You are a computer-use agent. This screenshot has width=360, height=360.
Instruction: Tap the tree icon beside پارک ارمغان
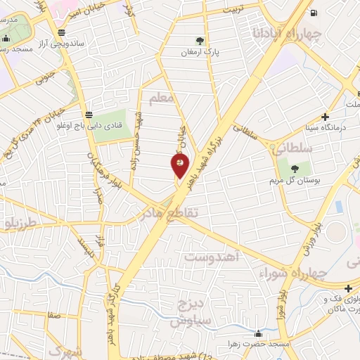[x=201, y=40]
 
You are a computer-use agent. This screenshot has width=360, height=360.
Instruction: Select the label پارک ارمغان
[x=201, y=52]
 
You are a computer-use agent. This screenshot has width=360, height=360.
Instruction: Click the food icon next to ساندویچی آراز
[x=63, y=32]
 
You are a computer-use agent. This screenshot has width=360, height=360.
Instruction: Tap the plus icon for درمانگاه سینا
[x=325, y=117]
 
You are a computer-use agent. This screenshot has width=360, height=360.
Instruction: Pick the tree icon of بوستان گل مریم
[x=293, y=168]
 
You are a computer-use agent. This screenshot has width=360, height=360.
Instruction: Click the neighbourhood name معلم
[x=162, y=99]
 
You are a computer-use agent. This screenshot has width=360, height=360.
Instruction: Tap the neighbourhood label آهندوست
[x=212, y=258]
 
